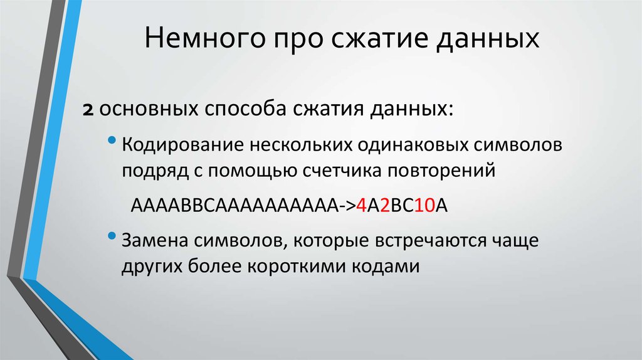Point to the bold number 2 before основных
88,110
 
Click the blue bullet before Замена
112,236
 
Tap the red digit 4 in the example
361,206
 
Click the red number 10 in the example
424,206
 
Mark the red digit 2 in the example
385,206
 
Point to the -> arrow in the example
347,206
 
